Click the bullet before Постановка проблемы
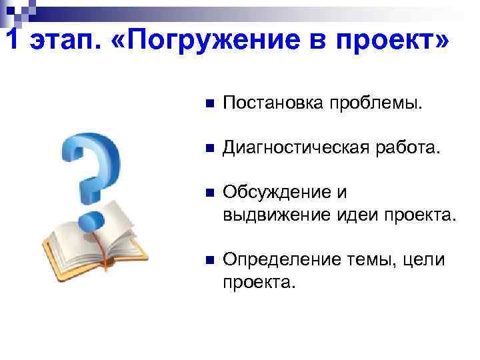tap(208, 104)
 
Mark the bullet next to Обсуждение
tap(208, 193)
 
